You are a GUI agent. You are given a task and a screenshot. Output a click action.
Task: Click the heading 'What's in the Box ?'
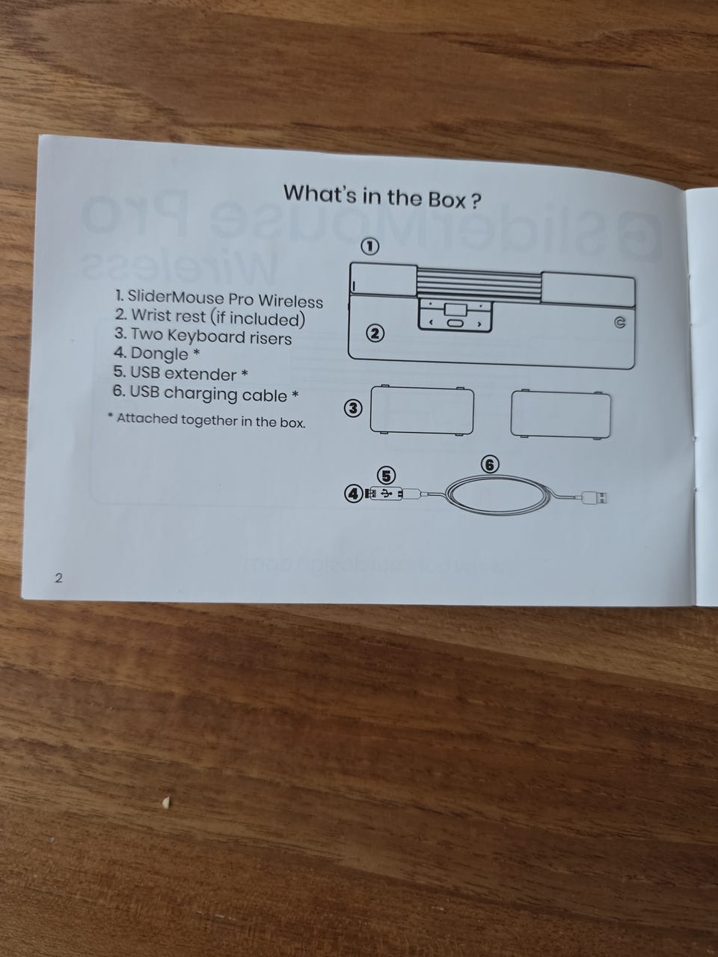(382, 197)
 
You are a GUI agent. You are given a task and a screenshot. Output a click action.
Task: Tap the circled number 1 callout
(369, 247)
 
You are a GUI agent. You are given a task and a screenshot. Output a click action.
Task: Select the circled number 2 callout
(375, 333)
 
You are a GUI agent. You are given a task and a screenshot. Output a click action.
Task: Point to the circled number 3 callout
(353, 408)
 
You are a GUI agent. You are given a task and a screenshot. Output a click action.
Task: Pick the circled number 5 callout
(386, 476)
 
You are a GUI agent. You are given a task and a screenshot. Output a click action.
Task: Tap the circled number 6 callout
(490, 465)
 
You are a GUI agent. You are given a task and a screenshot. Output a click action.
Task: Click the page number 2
(58, 578)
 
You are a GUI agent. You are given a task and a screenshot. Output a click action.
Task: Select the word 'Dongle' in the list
(159, 354)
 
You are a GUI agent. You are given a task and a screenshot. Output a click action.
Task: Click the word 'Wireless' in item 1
(290, 301)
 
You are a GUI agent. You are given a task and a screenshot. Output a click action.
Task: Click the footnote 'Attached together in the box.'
(211, 421)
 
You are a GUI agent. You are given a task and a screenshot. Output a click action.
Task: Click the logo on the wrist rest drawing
(619, 323)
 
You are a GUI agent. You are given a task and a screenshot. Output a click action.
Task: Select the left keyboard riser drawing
(422, 410)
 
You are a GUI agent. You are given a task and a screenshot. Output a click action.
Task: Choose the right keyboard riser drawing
(561, 414)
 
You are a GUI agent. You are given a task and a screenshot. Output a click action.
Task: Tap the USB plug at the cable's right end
(595, 497)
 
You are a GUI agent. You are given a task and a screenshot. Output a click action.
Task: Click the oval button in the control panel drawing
(455, 324)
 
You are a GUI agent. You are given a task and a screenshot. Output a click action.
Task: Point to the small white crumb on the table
(165, 801)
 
